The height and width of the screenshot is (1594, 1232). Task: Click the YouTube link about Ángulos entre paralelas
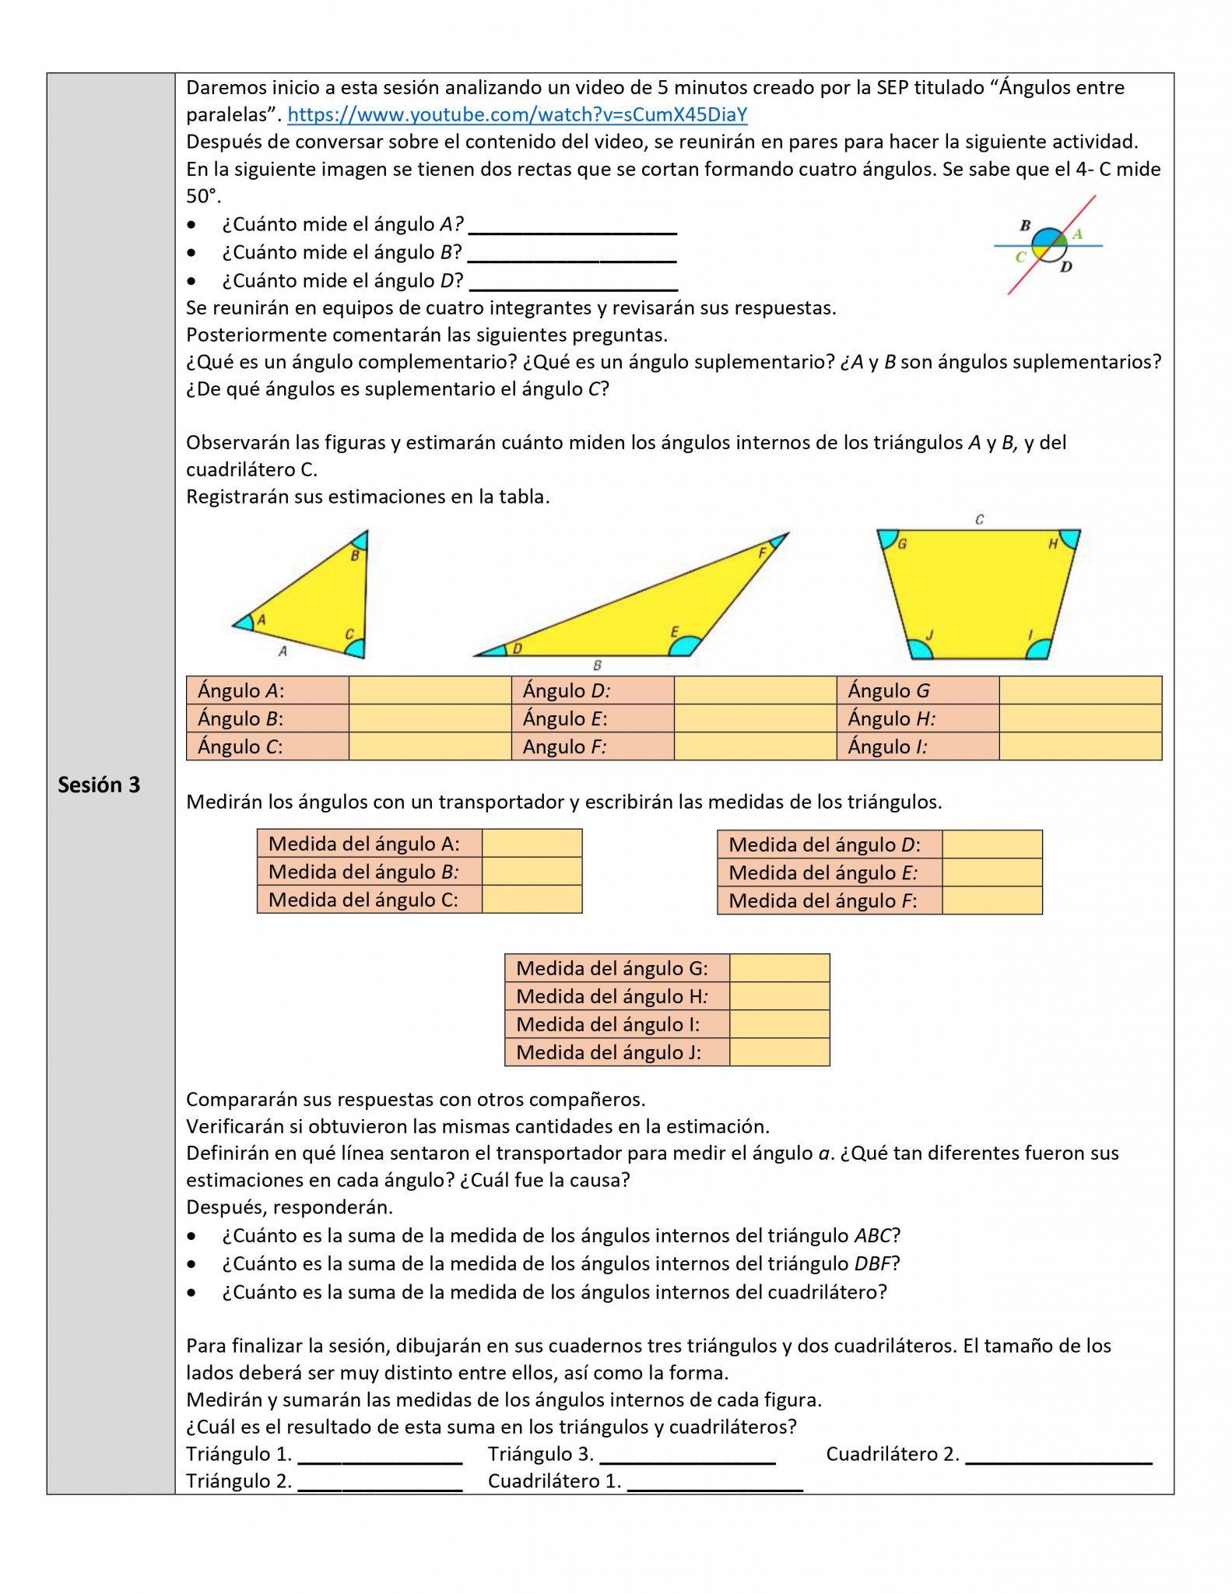coord(517,115)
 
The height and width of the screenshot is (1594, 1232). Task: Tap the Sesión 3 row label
coord(99,785)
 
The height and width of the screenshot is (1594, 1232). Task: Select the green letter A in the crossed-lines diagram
coord(1077,233)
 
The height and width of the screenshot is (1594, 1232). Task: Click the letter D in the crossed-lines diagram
coord(1066,267)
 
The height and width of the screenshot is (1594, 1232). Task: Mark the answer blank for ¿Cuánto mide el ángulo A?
coord(573,226)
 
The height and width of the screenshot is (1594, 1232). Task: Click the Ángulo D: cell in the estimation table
coord(592,690)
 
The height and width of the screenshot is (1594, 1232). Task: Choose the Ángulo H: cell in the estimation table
coord(918,718)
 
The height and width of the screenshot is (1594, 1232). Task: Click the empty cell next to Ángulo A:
coord(430,690)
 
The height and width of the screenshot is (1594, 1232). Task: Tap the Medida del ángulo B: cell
coord(370,872)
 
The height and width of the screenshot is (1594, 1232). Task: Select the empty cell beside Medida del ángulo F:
coord(992,901)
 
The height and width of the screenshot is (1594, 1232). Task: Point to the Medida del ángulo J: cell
coord(616,1052)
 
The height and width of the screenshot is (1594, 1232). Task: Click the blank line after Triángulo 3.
coord(687,1455)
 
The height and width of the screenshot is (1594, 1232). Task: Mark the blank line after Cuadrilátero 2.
coord(1058,1455)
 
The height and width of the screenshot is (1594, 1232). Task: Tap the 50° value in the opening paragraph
coord(202,196)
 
